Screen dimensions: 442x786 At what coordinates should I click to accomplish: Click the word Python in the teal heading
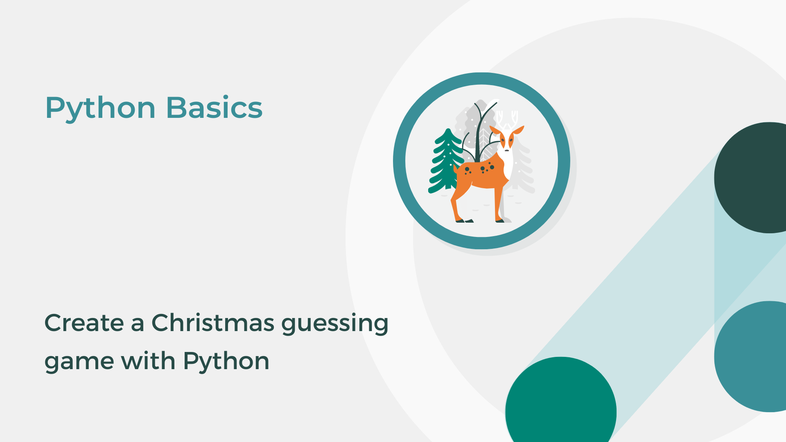pyautogui.click(x=100, y=108)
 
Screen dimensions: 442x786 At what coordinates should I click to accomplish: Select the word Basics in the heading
pyautogui.click(x=214, y=108)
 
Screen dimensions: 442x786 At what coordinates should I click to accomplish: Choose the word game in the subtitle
pyautogui.click(x=79, y=362)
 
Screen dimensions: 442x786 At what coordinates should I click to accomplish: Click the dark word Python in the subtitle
pyautogui.click(x=226, y=362)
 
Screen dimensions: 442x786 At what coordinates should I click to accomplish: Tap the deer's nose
pyautogui.click(x=507, y=150)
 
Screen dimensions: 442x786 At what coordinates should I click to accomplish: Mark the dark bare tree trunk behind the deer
pyautogui.click(x=478, y=135)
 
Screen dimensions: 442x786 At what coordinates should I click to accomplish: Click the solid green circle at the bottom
pyautogui.click(x=561, y=405)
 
